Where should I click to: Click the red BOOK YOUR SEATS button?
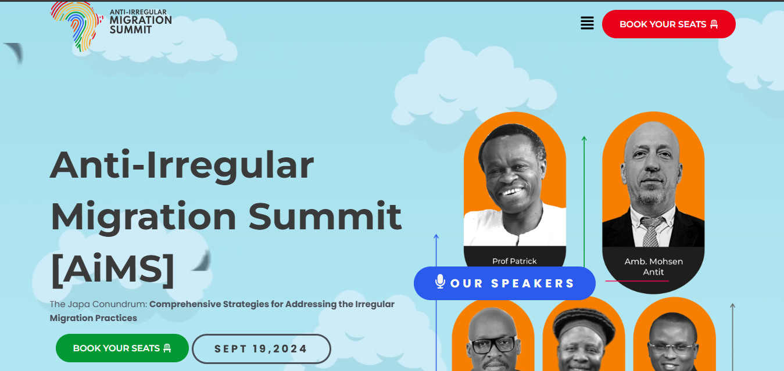(x=668, y=24)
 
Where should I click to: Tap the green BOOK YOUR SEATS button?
(x=122, y=348)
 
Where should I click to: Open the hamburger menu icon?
(x=587, y=23)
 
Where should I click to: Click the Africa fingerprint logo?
(x=76, y=26)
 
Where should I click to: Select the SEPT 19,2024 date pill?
(x=261, y=350)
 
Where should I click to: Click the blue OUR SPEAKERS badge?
(x=504, y=283)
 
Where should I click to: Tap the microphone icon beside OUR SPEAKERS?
(x=440, y=282)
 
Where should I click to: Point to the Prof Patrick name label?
(x=514, y=261)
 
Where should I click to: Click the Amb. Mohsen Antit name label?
(x=653, y=266)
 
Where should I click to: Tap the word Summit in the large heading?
(x=325, y=217)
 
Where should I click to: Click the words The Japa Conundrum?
(x=98, y=304)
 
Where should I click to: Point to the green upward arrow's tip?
(x=584, y=138)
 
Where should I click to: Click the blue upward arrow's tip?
(x=436, y=236)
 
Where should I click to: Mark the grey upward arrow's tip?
(x=732, y=305)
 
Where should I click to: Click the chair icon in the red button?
(x=714, y=24)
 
